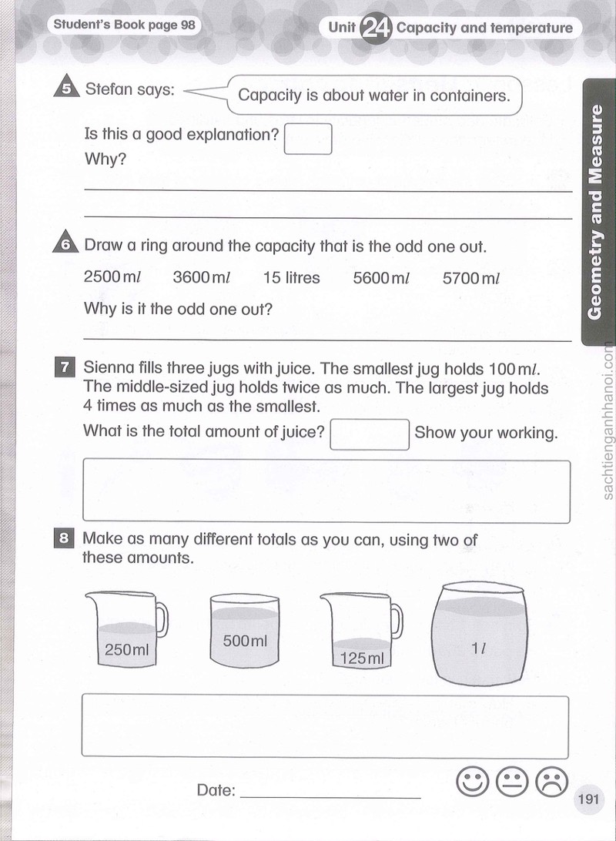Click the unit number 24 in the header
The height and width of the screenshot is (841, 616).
376,28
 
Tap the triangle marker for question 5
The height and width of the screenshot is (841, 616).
67,87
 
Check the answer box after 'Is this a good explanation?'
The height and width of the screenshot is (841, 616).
308,139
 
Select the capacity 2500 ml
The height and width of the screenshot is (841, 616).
112,276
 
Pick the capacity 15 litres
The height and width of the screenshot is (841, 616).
291,277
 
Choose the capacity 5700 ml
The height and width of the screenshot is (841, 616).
470,278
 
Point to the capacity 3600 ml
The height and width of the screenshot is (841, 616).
202,277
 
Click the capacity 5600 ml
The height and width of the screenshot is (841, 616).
381,278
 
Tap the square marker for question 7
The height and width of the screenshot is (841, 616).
65,367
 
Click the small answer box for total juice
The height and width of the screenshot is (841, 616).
370,434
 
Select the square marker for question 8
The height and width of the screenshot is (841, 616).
64,538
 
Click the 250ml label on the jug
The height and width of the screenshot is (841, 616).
126,649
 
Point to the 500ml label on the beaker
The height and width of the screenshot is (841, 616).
244,641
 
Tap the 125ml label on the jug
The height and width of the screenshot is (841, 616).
362,658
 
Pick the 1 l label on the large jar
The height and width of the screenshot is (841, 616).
478,648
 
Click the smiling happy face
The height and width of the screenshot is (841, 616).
472,781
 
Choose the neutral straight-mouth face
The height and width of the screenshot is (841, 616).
512,782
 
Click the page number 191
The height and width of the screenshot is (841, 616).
588,799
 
